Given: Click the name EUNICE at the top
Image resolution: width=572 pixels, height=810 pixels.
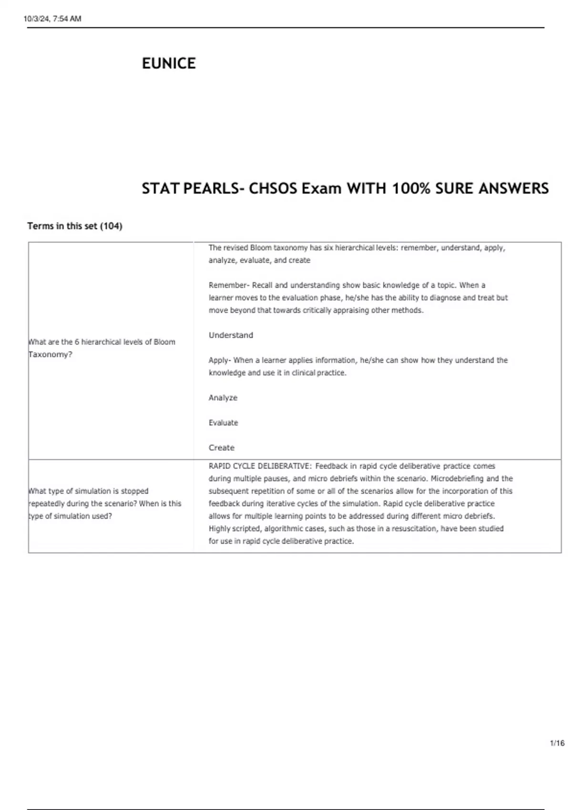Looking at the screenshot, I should (x=169, y=63).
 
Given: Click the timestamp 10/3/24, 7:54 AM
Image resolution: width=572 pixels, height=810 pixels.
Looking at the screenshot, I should (x=52, y=19).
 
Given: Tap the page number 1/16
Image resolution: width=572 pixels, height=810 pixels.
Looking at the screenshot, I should (x=557, y=743).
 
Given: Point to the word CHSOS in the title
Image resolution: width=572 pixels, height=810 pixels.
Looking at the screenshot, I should (x=273, y=189).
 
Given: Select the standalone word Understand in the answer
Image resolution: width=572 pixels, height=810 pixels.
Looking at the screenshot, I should (x=231, y=335).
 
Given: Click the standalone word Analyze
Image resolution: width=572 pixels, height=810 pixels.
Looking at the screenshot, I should (x=223, y=397).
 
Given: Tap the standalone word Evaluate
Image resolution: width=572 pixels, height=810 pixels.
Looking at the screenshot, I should (x=223, y=423).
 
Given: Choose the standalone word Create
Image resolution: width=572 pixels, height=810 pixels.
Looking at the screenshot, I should (x=221, y=447).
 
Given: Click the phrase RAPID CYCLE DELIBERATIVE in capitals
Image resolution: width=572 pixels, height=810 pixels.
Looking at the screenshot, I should (x=259, y=466).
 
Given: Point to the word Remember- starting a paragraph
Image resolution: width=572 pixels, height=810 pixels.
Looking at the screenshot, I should (x=229, y=285).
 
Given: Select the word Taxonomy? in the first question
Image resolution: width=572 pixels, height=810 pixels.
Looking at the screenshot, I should (x=51, y=354).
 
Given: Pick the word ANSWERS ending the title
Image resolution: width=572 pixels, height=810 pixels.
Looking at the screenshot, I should (x=513, y=189).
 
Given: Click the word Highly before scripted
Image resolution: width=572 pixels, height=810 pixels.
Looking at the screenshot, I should (x=219, y=528).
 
